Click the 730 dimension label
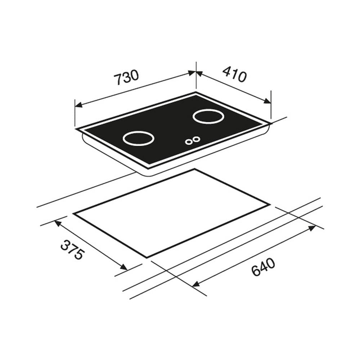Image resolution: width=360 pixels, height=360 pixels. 126,77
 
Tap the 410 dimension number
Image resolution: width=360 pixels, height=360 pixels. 234,74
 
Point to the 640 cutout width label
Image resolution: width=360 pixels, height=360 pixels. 263,267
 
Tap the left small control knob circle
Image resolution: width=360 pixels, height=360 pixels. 189,142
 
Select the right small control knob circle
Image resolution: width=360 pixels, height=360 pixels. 196,139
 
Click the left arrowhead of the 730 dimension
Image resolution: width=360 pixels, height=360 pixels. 78,105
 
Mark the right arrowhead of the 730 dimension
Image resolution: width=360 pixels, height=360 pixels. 192,73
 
